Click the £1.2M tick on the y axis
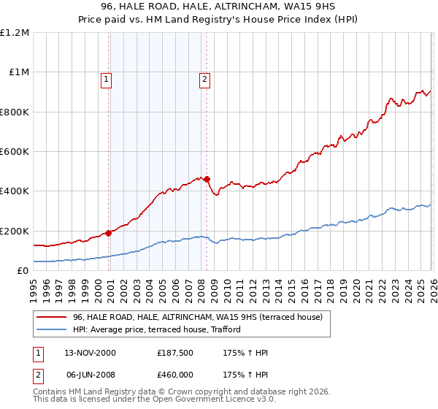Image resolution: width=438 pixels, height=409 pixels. [x=15, y=33]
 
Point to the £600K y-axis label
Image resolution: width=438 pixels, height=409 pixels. [x=15, y=152]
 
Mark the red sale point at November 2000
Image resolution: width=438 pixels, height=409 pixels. [x=109, y=233]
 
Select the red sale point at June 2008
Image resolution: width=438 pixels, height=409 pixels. [x=207, y=179]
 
